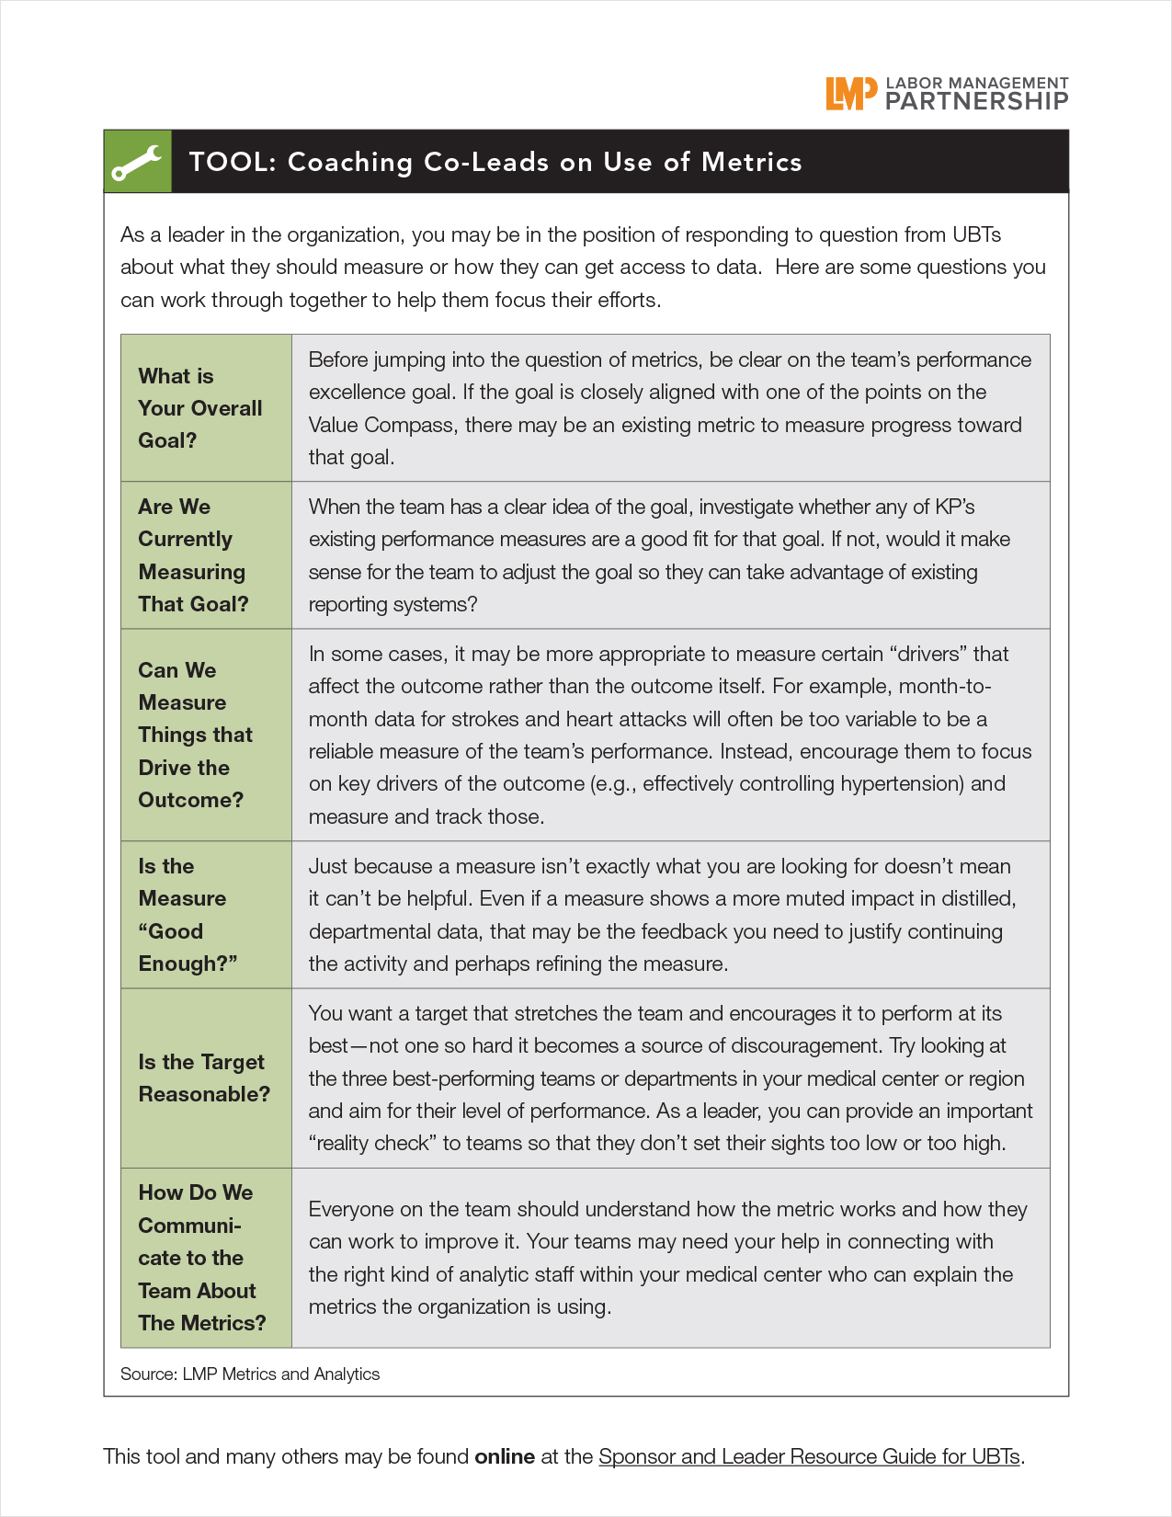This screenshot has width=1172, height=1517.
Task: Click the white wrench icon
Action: click(x=137, y=163)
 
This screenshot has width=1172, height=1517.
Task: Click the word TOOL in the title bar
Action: click(x=232, y=163)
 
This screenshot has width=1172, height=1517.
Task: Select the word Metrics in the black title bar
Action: click(x=751, y=163)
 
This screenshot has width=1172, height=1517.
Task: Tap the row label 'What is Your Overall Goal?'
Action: click(x=200, y=408)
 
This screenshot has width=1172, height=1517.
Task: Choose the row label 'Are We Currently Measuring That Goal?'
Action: click(x=193, y=555)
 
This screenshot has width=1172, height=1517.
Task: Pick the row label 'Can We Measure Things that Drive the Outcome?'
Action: click(x=195, y=735)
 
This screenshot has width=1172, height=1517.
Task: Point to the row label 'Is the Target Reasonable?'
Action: click(x=204, y=1078)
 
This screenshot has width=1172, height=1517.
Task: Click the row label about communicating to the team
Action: click(x=201, y=1258)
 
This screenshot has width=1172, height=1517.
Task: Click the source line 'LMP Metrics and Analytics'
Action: click(x=280, y=1374)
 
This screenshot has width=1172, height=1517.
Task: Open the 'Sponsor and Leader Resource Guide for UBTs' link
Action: click(x=809, y=1457)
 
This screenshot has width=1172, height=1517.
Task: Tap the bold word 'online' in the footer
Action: click(x=505, y=1457)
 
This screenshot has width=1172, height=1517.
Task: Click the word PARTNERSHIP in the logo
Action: click(x=976, y=101)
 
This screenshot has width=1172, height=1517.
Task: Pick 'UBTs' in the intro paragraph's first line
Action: click(x=976, y=235)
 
